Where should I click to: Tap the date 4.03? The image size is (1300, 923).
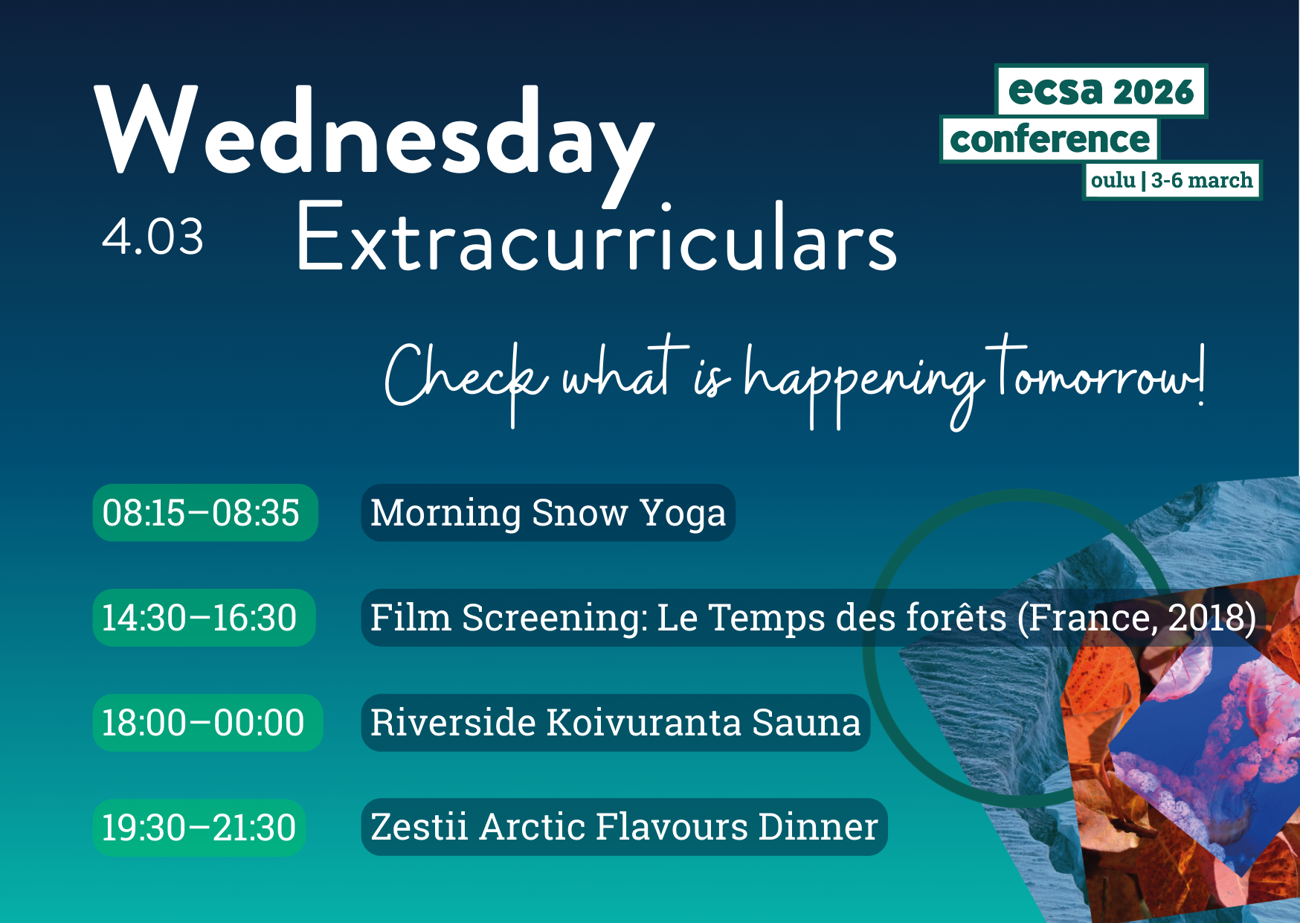152,237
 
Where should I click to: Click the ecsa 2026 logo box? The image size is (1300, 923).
1101,92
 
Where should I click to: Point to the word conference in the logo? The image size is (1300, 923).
1049,140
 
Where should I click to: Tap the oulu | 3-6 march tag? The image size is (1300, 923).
1172,181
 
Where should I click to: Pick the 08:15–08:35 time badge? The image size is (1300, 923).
205,513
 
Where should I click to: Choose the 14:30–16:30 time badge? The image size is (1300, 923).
204,618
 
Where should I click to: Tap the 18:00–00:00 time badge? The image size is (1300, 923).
207,723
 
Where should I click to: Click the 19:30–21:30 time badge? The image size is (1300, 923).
199,828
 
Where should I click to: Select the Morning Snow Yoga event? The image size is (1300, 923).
548,513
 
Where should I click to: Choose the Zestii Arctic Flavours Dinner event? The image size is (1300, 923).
625,827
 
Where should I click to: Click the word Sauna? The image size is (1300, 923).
806,723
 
